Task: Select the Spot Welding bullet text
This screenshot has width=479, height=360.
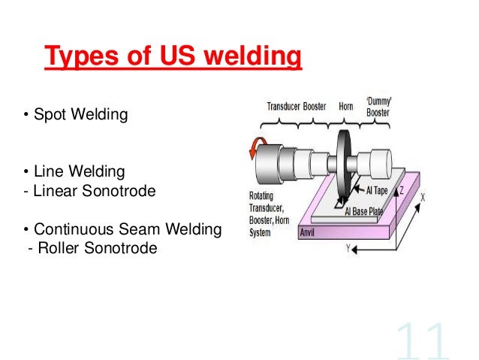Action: [x=75, y=116]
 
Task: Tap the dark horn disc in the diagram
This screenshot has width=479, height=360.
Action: [x=345, y=165]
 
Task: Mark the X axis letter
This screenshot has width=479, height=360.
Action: [x=423, y=198]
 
